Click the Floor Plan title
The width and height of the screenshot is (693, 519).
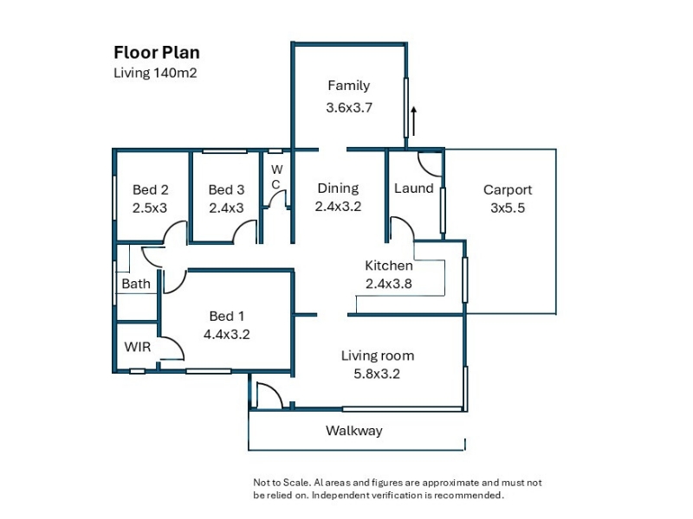[157, 53]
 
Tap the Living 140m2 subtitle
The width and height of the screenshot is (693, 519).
[155, 73]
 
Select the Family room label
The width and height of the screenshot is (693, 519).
[349, 86]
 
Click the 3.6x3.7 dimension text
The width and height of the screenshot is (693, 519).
[349, 107]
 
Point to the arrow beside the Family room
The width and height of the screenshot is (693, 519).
[414, 121]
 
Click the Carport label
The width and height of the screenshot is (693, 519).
[508, 189]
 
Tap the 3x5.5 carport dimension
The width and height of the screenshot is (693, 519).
[508, 208]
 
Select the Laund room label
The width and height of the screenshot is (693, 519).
[414, 189]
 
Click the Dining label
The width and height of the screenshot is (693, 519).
[338, 189]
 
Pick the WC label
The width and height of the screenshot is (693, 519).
[276, 176]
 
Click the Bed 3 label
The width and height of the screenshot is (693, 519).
[226, 189]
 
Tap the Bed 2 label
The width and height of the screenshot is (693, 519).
[150, 189]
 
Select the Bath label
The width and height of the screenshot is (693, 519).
[136, 284]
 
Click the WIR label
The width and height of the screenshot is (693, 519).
[138, 347]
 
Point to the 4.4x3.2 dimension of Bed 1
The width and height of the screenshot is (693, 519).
[226, 334]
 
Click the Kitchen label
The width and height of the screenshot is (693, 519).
[389, 266]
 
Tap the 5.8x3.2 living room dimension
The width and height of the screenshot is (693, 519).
[377, 374]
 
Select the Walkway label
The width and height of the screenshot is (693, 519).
[354, 431]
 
